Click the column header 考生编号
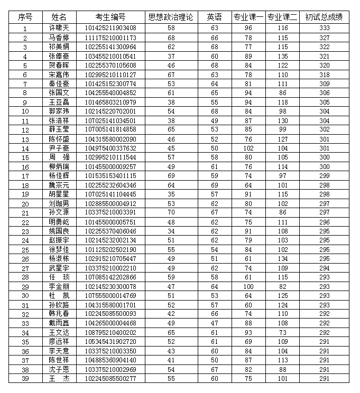110,17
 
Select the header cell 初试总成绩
324,17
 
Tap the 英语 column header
214,17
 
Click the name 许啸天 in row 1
59,28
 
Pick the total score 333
324,28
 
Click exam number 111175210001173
110,38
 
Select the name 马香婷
59,38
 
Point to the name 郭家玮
59,111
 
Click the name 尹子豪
59,148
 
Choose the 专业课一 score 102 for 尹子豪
248,148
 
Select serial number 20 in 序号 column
25,203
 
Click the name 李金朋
59,286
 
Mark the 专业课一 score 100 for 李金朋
248,286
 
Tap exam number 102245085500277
110,379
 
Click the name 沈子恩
59,369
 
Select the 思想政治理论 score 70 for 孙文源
171,213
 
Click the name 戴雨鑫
59,323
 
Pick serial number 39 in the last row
25,379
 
